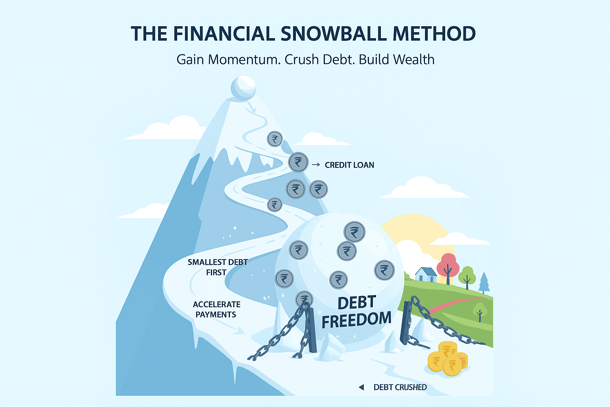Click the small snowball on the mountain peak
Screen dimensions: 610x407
coord(243,88)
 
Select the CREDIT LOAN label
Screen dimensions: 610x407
coord(349,165)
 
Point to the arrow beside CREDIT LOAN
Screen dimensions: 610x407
coord(316,165)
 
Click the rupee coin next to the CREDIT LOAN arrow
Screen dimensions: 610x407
coord(298,162)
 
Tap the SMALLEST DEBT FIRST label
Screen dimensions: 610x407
coord(218,267)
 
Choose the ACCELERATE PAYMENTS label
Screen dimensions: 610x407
coord(216,309)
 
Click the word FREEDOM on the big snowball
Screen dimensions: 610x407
coord(357,320)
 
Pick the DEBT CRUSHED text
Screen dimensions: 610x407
coord(400,387)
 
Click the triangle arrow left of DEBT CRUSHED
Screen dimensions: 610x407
coord(361,387)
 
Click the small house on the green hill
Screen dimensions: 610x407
coord(426,275)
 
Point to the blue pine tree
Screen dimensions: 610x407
coord(484,283)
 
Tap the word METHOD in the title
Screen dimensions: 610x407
coord(434,34)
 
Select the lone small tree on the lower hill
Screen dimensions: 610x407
coord(480,312)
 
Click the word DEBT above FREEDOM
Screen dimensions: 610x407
coord(357,302)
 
